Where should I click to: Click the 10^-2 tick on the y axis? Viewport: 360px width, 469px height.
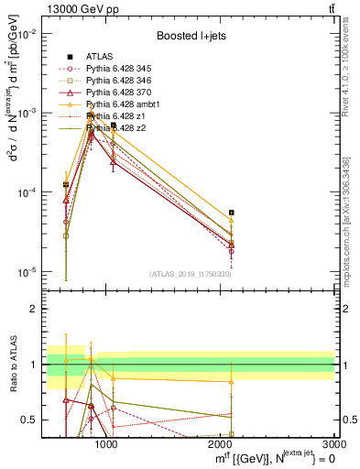click(x=29, y=34)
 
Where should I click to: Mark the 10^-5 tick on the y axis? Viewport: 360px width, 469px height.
click(x=29, y=272)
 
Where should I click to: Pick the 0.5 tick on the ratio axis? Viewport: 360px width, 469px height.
click(x=33, y=420)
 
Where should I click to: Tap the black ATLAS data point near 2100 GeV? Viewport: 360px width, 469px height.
click(x=232, y=213)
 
